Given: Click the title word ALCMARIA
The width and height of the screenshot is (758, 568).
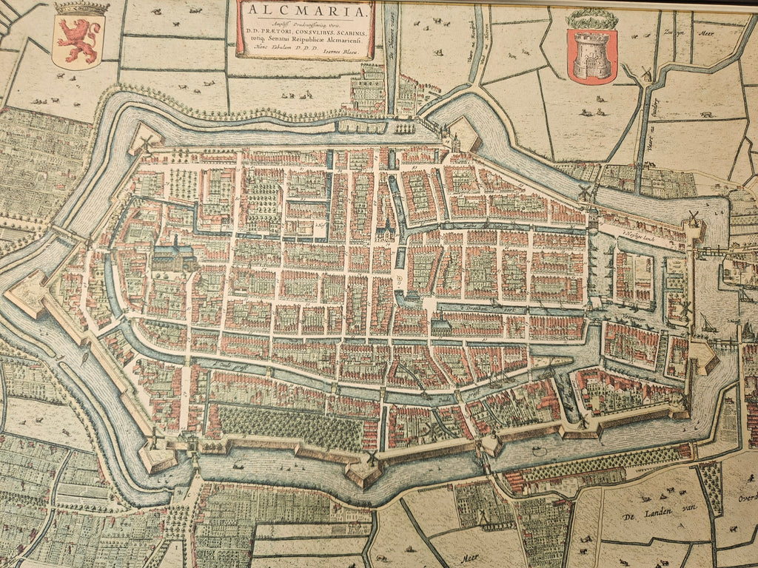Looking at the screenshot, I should click(x=306, y=10).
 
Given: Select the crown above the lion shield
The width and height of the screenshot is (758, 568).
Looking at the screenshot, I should click(x=81, y=9).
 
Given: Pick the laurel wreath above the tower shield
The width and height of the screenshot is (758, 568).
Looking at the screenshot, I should click(x=592, y=18).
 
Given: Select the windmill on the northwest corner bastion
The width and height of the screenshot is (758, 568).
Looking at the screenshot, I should click(x=146, y=141).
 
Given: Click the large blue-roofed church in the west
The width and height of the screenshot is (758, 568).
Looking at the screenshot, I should click(x=174, y=256).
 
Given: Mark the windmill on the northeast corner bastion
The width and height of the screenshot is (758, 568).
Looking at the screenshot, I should click(x=694, y=219).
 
